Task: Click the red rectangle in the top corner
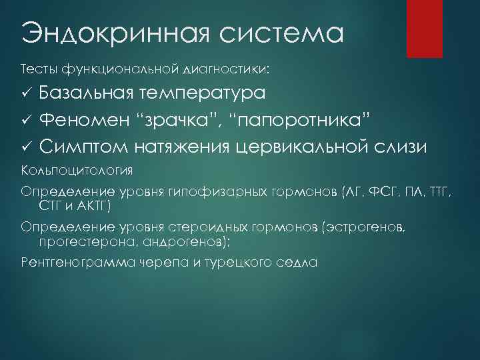click(x=425, y=27)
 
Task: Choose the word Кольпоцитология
click(x=76, y=169)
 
